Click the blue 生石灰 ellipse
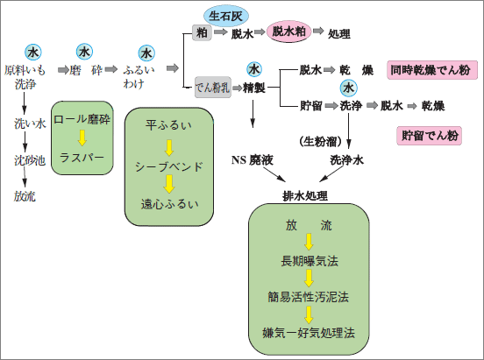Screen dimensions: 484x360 (x=226, y=16)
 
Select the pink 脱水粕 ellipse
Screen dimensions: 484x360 (x=288, y=32)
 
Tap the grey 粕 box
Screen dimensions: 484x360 (x=202, y=32)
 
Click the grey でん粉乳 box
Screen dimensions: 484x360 (x=213, y=88)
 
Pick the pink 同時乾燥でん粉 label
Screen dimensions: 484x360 (x=432, y=70)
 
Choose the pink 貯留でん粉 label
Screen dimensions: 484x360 (x=429, y=136)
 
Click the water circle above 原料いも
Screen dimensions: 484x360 (x=33, y=53)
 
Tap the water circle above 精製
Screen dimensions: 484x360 (x=254, y=69)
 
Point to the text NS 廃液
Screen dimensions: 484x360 (x=253, y=160)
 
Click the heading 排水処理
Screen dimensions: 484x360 (x=305, y=195)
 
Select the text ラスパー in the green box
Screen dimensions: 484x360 (x=82, y=158)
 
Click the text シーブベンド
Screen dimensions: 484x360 (x=169, y=167)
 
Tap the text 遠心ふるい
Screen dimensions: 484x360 (x=169, y=204)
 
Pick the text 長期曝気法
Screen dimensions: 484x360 (x=310, y=261)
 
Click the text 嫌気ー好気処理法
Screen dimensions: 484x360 (x=309, y=333)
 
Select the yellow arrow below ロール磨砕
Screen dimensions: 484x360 (x=82, y=138)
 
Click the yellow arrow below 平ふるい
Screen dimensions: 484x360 (x=169, y=148)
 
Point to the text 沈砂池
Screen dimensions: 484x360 (x=30, y=160)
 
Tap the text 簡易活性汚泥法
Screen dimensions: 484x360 (x=308, y=297)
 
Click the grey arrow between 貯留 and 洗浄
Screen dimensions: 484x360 (x=331, y=105)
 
